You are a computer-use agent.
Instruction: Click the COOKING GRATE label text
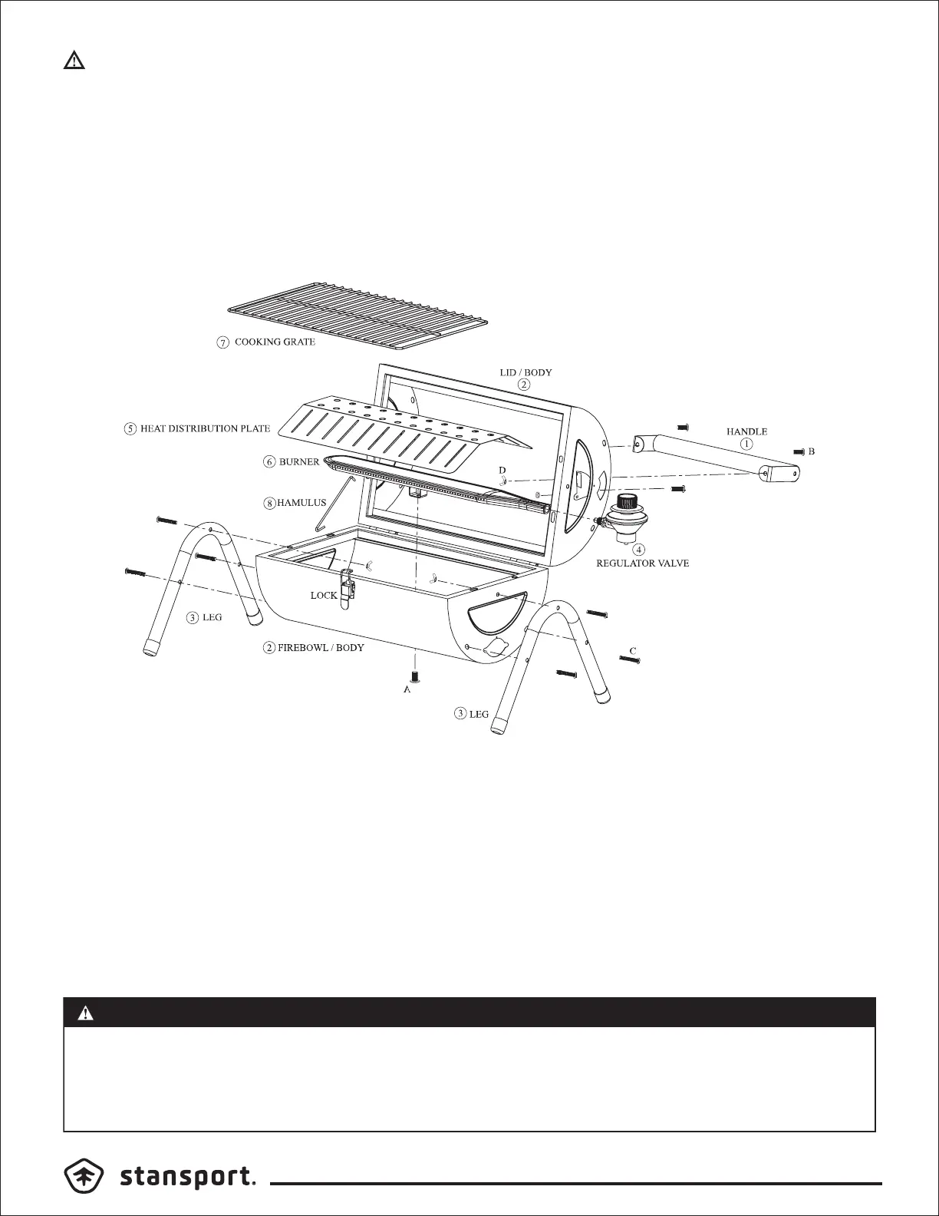[x=275, y=342]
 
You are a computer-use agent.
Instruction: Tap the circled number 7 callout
[x=222, y=343]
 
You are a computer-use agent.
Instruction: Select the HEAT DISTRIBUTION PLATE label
[x=205, y=428]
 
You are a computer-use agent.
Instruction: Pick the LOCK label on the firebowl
[x=324, y=596]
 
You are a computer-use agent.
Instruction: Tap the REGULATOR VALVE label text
[x=643, y=563]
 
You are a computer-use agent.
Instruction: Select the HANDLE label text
[x=746, y=432]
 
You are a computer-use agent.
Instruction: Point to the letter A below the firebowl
[x=407, y=690]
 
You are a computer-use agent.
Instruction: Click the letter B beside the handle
[x=812, y=451]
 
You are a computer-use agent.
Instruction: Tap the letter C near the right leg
[x=633, y=651]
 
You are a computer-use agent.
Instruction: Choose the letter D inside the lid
[x=502, y=470]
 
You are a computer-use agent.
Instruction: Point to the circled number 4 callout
[x=639, y=550]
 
